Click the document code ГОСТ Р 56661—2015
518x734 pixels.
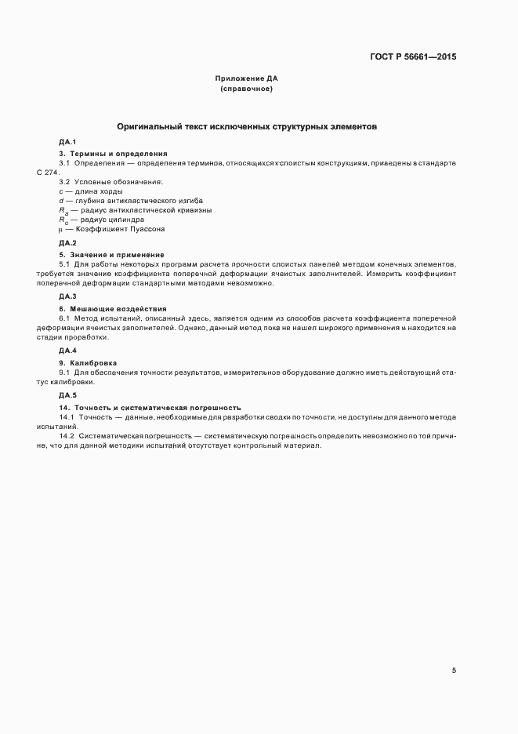tap(413, 56)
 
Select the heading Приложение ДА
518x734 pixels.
tap(247, 78)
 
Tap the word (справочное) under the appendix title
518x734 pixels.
tap(247, 89)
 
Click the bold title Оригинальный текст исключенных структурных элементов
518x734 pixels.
tap(247, 125)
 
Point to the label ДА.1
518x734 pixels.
tap(67, 142)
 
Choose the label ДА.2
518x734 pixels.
tap(67, 244)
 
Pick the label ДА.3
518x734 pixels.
tap(67, 296)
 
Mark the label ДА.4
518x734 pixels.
tap(67, 350)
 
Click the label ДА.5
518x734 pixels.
tap(67, 394)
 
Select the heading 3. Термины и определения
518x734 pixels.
tap(113, 152)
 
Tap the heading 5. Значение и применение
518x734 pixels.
tap(111, 255)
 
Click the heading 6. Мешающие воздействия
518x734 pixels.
tap(112, 307)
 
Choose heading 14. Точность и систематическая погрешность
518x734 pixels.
tap(150, 408)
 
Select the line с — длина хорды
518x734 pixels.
tap(91, 191)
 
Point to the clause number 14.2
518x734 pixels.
tap(66, 435)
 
